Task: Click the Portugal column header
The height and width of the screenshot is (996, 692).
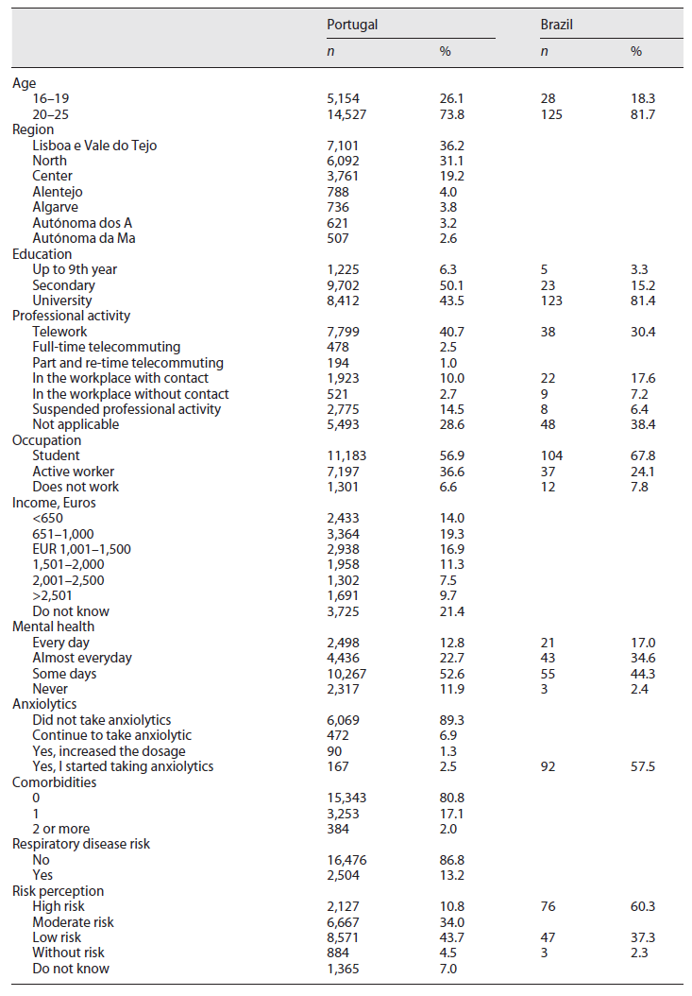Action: point(351,25)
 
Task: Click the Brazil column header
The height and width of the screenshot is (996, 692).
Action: point(555,25)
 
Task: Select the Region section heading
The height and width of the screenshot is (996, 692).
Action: point(33,129)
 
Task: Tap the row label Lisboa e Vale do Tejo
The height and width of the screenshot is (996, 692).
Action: point(94,146)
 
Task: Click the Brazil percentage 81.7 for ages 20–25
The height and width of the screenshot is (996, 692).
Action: point(642,114)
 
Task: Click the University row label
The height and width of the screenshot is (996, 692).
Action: point(63,301)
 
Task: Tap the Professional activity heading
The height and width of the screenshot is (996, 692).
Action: point(71,316)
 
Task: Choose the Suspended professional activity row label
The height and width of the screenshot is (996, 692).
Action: point(127,409)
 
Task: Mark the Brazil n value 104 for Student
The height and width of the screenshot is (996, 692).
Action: point(551,455)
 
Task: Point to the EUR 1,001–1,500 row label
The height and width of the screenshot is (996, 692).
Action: point(81,549)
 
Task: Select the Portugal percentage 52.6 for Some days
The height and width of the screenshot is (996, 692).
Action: point(451,674)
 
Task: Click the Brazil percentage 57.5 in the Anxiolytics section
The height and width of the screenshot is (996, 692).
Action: point(642,766)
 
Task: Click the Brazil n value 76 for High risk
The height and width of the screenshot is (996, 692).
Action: point(548,906)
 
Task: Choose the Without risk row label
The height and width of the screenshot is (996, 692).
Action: point(70,953)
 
